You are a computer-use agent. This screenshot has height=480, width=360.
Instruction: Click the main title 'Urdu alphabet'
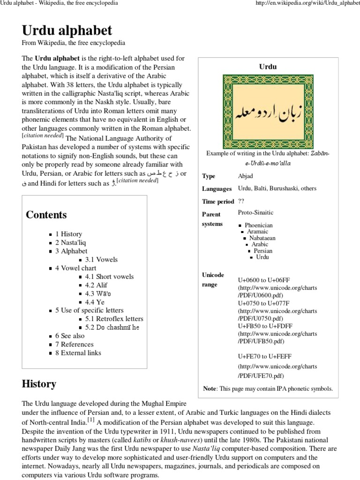67,31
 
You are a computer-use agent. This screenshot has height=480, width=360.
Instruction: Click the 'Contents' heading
46,215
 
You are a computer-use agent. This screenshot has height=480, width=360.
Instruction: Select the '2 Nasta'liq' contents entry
71,242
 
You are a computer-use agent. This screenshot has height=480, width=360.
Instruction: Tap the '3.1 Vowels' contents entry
101,259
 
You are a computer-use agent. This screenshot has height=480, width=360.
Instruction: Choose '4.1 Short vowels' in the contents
109,277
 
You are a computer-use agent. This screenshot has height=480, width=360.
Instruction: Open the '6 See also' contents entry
70,336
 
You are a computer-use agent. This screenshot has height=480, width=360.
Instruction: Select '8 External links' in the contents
78,352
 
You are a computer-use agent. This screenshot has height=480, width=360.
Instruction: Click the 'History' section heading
39,384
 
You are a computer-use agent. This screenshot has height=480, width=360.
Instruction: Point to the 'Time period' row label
217,202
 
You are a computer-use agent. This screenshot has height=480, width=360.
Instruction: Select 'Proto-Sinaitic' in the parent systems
255,212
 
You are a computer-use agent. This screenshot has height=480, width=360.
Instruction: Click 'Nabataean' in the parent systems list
262,238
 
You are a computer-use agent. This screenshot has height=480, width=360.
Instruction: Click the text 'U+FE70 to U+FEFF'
264,356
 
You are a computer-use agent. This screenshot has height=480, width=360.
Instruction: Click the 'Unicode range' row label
213,279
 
